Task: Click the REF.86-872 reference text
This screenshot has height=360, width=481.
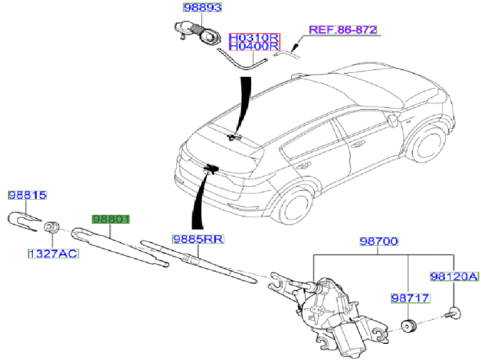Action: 342,30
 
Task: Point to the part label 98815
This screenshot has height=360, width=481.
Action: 28,195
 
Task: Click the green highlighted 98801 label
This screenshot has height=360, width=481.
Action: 110,219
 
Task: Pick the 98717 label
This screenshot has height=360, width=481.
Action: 410,298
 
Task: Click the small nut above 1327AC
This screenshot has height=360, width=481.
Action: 51,227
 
